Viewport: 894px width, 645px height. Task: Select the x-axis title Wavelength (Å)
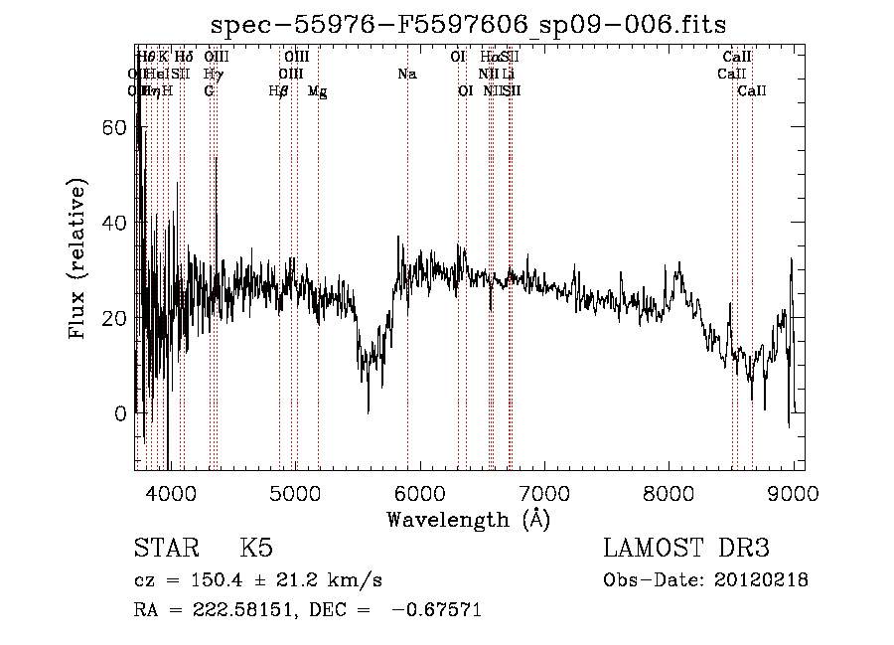pos(468,519)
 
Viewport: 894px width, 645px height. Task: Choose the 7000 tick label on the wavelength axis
pos(544,492)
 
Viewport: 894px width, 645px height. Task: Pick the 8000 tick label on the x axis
pos(669,492)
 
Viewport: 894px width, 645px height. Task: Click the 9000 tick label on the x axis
pos(793,492)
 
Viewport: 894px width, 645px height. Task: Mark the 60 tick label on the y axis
pos(117,128)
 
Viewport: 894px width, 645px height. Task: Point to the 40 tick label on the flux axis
pos(117,224)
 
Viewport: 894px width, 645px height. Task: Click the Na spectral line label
pos(406,74)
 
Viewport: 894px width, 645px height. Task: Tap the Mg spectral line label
pos(317,91)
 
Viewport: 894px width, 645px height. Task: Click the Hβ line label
pos(279,90)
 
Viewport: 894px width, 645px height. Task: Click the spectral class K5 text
pos(256,549)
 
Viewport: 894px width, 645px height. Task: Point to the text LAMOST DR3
pos(686,549)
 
